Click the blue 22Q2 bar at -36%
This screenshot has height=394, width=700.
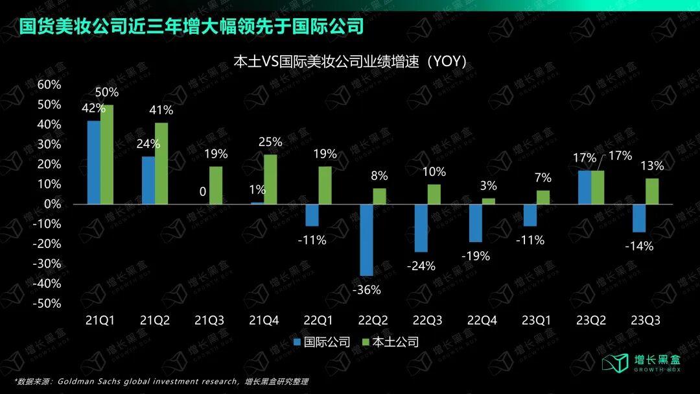(x=366, y=240)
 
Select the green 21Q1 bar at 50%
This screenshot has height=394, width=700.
(x=107, y=154)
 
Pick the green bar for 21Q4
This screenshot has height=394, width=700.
(x=270, y=179)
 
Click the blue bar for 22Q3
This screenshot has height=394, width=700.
(x=421, y=228)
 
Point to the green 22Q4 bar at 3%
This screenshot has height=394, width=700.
(x=488, y=201)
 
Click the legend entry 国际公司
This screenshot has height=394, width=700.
(x=321, y=342)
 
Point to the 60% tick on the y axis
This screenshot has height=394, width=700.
(x=49, y=84)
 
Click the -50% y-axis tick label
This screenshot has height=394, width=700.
(x=47, y=304)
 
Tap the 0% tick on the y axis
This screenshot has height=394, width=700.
(x=52, y=204)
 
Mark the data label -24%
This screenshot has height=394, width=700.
(x=422, y=266)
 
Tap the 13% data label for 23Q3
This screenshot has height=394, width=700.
(x=652, y=166)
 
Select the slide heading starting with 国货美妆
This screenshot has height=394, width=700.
(x=191, y=27)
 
